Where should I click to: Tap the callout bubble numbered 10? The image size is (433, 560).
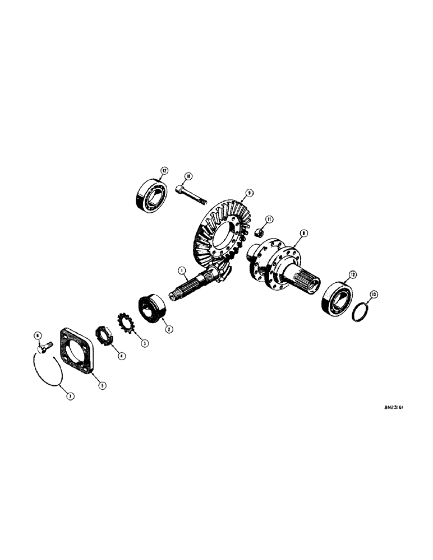(x=188, y=176)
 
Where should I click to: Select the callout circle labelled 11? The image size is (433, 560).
(x=269, y=219)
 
